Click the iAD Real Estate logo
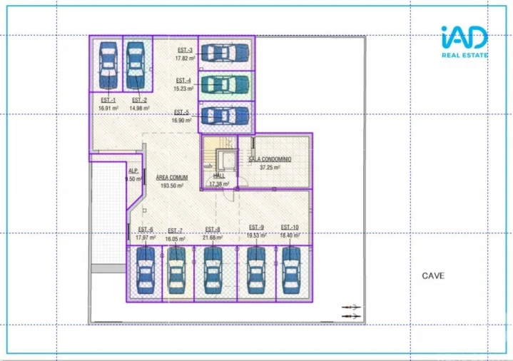464,41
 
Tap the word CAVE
433,275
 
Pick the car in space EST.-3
225,53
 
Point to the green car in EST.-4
225,84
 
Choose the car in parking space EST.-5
225,115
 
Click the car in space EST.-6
146,272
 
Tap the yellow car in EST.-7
176,272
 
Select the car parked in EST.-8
213,272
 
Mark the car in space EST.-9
256,272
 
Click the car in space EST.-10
291,272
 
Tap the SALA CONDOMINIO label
270,160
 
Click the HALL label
218,176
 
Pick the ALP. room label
133,171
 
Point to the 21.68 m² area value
213,237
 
